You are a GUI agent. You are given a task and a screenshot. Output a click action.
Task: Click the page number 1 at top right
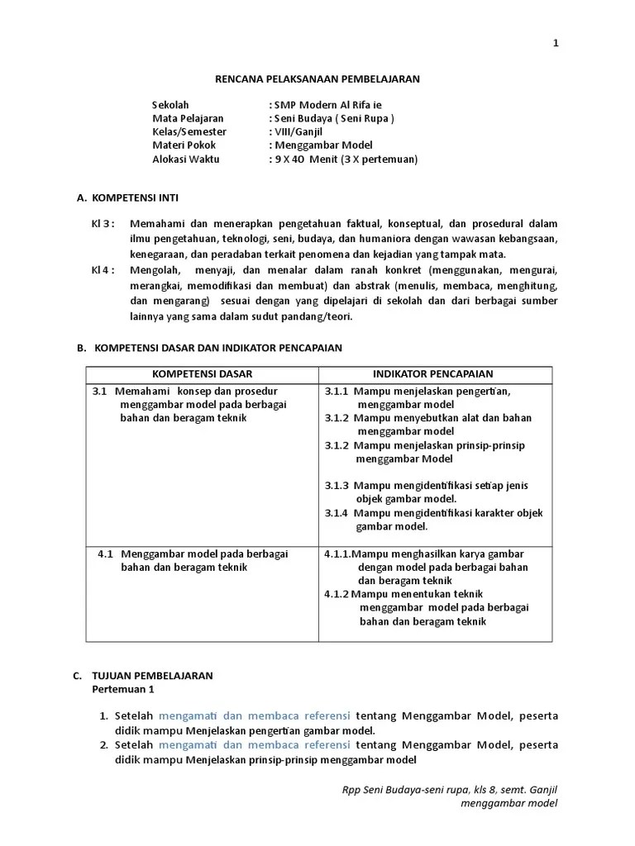pyautogui.click(x=556, y=44)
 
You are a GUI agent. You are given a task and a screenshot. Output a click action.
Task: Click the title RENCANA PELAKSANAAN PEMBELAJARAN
pyautogui.click(x=317, y=78)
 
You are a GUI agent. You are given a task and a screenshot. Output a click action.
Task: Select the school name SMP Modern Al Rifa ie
pyautogui.click(x=328, y=105)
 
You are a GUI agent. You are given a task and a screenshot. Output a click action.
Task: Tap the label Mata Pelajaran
pyautogui.click(x=188, y=118)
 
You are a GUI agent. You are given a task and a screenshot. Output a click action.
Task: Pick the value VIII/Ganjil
pyautogui.click(x=298, y=131)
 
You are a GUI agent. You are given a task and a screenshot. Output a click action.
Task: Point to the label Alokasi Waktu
pyautogui.click(x=186, y=159)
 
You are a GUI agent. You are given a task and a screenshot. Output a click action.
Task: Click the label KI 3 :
pyautogui.click(x=103, y=224)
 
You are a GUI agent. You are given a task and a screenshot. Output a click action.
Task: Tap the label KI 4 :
pyautogui.click(x=103, y=270)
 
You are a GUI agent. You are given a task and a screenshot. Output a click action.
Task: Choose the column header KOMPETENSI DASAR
pyautogui.click(x=203, y=374)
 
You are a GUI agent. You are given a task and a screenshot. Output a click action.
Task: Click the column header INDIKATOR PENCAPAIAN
pyautogui.click(x=436, y=374)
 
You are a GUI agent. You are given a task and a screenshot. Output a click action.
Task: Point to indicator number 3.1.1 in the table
pyautogui.click(x=337, y=392)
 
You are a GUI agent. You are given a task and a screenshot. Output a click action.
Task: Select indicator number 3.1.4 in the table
pyautogui.click(x=337, y=513)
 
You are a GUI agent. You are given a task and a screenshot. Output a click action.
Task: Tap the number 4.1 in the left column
pyautogui.click(x=105, y=554)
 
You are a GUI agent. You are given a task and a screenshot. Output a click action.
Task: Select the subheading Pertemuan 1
pyautogui.click(x=122, y=688)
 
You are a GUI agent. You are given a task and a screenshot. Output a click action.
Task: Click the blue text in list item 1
pyautogui.click(x=255, y=715)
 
